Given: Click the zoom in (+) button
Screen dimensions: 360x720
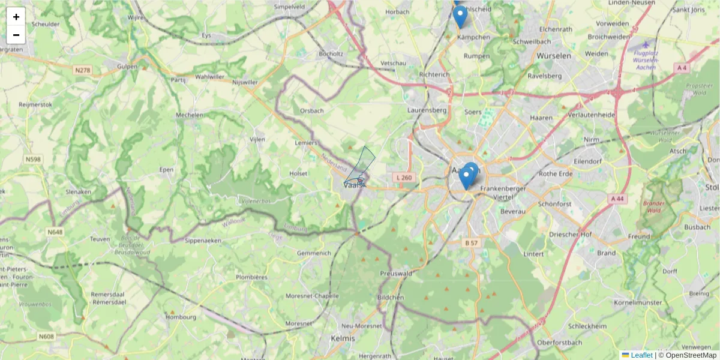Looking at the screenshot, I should (16, 17).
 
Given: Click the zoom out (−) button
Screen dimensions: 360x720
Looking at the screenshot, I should (16, 35).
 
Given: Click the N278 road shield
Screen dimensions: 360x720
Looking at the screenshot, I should (83, 70).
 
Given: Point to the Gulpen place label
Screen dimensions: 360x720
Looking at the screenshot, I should (128, 67).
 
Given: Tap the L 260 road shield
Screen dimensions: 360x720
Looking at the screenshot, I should (404, 178).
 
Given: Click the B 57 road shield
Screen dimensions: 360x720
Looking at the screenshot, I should (471, 243).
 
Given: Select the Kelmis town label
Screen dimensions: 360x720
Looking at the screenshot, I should (343, 338).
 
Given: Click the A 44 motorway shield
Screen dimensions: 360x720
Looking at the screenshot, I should (617, 199).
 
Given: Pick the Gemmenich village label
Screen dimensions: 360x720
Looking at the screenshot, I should (314, 253).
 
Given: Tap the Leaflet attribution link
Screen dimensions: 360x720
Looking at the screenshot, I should (641, 355).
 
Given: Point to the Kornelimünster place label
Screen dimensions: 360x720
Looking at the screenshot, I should (641, 303).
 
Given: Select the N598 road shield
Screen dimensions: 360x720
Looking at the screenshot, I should (34, 160).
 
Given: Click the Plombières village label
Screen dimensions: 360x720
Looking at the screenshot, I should (251, 277).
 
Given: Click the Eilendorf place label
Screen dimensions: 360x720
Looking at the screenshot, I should (587, 161).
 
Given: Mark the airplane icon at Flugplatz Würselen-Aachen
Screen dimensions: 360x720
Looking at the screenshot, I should (646, 44).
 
